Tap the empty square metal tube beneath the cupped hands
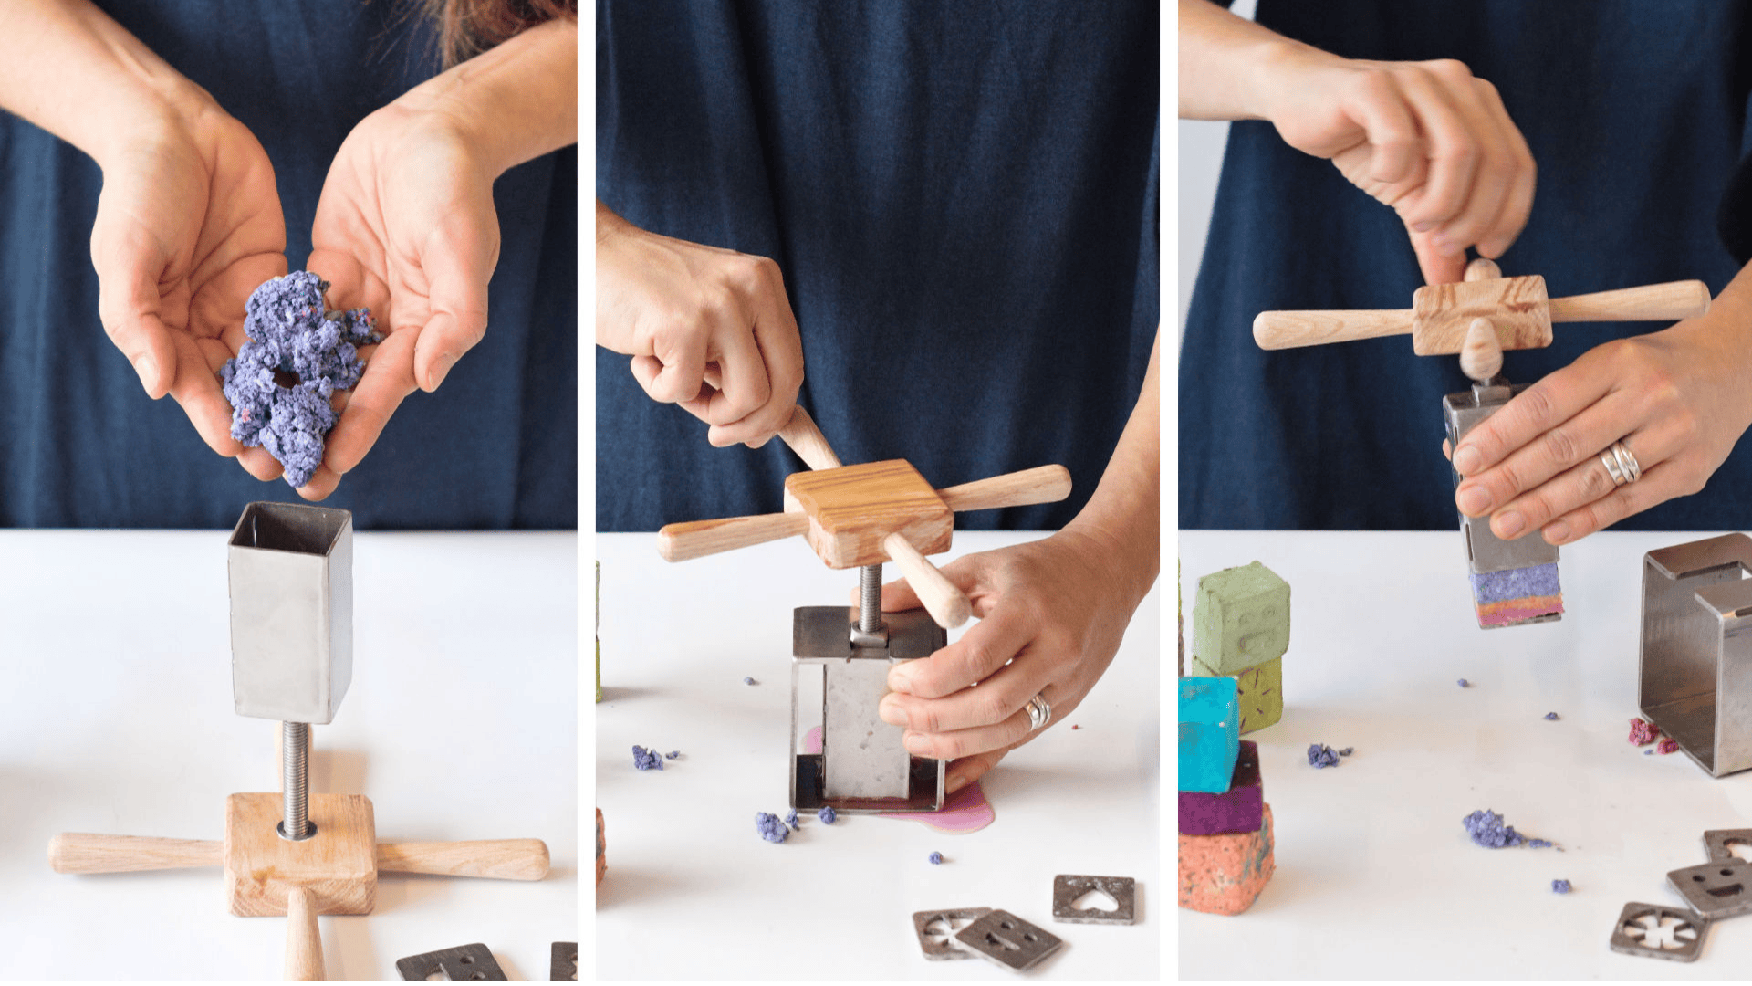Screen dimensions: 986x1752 coord(290,612)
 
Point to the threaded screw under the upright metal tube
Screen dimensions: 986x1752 coord(295,776)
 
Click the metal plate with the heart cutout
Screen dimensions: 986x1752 coord(1094,898)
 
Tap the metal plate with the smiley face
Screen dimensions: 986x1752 coord(1714,886)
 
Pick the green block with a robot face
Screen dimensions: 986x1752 coord(1241,617)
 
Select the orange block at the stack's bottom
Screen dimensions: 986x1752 coord(1225,867)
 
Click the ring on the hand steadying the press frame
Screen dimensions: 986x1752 coord(1038,710)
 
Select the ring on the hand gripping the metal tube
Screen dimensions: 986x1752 coord(1621,463)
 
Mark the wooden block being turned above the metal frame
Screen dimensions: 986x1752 coord(869,511)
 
